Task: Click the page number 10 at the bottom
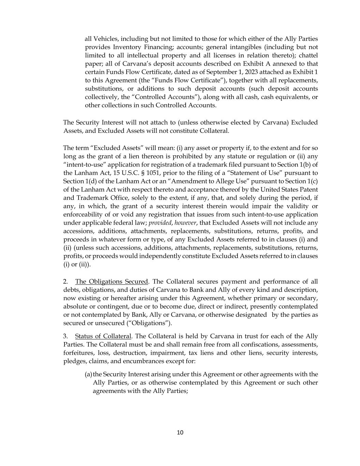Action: tap(180, 433)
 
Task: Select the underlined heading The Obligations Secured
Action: tap(112, 282)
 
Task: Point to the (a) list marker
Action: tap(88, 375)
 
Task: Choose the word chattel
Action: tap(308, 56)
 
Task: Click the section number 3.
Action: tap(65, 336)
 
